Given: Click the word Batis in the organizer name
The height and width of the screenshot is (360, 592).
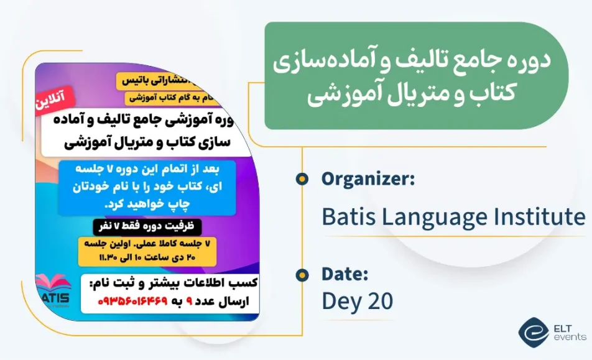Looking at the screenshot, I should point(346,217).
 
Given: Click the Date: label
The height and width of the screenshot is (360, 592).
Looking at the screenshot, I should point(345,274).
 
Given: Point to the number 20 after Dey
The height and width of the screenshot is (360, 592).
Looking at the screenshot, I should point(379,302).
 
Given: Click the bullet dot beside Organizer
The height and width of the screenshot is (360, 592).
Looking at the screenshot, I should point(302,180).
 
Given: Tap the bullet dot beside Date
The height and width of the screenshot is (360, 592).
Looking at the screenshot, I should point(302,274).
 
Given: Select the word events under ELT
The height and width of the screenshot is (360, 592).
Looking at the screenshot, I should point(570,338).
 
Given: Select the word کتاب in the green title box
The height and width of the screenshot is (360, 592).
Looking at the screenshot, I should point(507,95).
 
